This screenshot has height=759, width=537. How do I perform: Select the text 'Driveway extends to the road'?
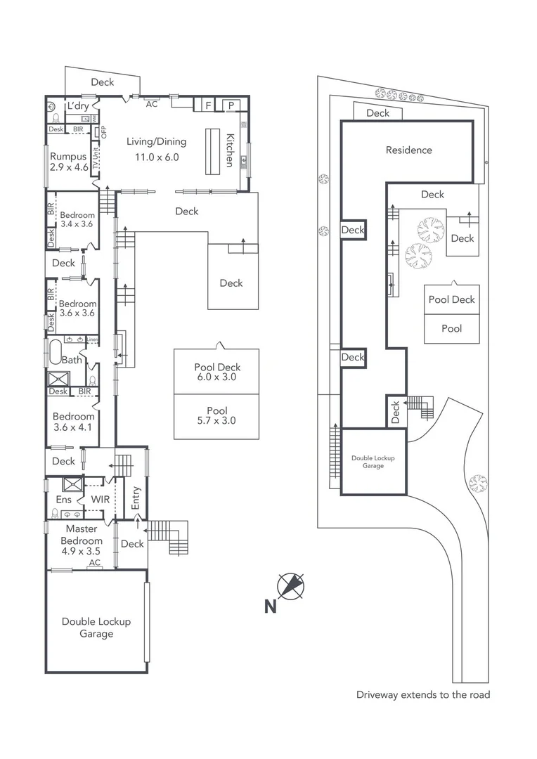[422, 695]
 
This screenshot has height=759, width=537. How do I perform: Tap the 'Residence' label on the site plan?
[408, 150]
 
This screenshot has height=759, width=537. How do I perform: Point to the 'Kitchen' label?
[229, 150]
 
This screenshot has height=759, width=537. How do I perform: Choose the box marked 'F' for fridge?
[208, 105]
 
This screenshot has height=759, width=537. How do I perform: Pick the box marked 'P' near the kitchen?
[231, 105]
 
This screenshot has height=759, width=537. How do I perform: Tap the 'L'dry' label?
[77, 105]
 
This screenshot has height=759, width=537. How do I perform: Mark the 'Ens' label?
[63, 499]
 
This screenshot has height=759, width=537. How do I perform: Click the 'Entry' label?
[136, 498]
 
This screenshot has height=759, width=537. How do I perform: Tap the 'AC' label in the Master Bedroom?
[93, 563]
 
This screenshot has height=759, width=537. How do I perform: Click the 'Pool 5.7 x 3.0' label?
[216, 416]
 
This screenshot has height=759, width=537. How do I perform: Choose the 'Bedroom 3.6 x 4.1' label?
[73, 421]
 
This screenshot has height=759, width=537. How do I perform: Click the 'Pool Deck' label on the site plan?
[451, 299]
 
